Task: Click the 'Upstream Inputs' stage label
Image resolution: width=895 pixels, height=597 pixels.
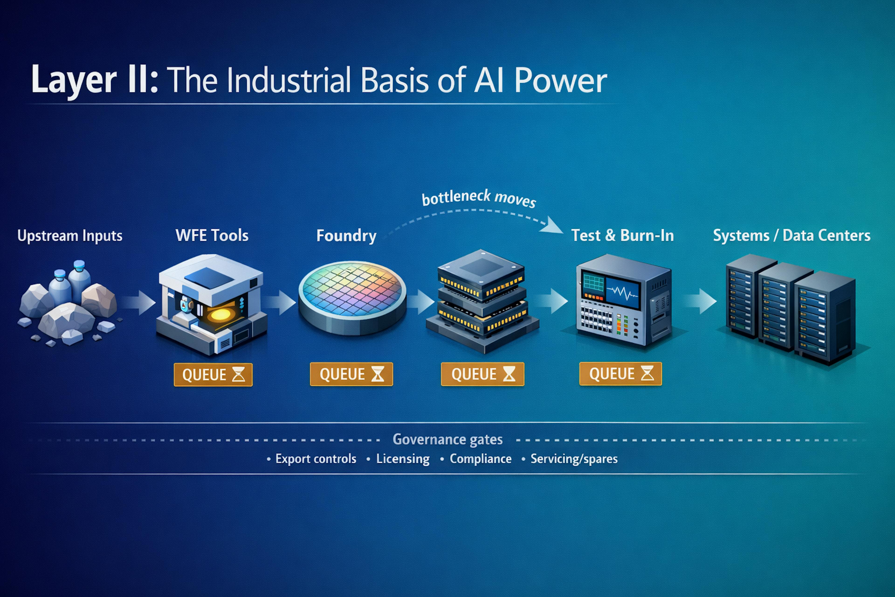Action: point(70,236)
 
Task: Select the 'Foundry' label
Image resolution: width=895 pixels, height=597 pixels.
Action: point(346,236)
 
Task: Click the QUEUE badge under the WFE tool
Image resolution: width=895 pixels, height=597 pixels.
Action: point(213,375)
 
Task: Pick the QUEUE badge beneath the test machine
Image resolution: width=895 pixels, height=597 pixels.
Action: point(620,374)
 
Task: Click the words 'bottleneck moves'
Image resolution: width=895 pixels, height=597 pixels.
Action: point(479,198)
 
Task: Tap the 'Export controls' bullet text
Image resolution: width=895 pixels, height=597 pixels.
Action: point(315,459)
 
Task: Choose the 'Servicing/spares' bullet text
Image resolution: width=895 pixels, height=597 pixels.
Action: point(574,459)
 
